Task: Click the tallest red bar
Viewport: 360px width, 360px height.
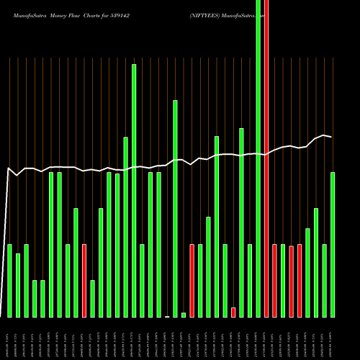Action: tap(266, 158)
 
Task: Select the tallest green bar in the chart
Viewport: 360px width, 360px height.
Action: tap(258, 158)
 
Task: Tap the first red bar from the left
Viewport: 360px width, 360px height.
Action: tap(84, 281)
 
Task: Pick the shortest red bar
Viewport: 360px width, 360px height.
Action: tap(233, 312)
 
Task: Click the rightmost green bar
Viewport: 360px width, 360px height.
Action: tap(333, 245)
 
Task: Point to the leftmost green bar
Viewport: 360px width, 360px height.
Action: tap(9, 281)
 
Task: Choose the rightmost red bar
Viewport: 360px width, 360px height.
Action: tap(300, 281)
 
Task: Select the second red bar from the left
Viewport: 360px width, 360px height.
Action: tap(192, 281)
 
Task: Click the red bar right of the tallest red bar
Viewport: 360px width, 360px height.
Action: tap(275, 281)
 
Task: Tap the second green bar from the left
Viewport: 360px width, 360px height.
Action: tap(18, 285)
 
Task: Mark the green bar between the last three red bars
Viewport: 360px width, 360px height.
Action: tap(283, 281)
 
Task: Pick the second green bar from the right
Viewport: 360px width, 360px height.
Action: tap(325, 281)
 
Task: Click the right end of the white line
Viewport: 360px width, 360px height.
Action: tap(331, 136)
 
